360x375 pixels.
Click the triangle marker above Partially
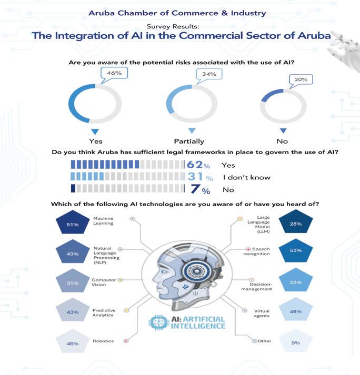click(x=192, y=130)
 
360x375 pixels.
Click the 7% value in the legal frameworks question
click(x=198, y=190)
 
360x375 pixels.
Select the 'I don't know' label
click(x=246, y=177)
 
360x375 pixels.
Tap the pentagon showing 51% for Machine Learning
click(x=73, y=225)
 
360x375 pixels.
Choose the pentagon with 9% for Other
click(x=295, y=343)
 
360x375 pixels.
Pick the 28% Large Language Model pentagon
click(x=295, y=224)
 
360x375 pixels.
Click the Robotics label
click(x=103, y=341)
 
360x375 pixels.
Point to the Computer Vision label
click(x=104, y=282)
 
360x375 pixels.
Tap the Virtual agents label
click(x=262, y=313)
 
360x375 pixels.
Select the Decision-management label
click(x=261, y=286)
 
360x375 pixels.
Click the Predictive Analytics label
click(x=104, y=313)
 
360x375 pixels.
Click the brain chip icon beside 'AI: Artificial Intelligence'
click(x=157, y=322)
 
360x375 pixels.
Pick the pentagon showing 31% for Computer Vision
click(x=73, y=283)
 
